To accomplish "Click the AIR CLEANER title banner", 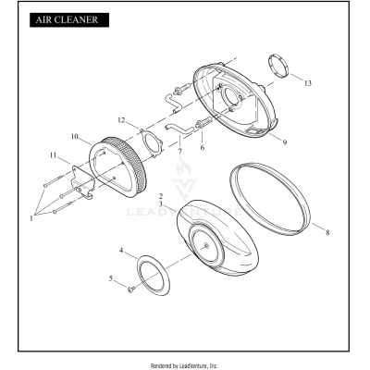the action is [69, 19].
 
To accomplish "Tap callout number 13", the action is [308, 83].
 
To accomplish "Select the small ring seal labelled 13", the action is [278, 67].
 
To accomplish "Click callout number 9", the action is [285, 142].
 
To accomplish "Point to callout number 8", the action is [327, 232].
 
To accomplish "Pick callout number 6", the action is [203, 148].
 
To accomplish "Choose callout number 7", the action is [179, 152].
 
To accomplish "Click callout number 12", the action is [121, 120].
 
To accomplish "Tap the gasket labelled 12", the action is [151, 144].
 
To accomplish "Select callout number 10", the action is [75, 136].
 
